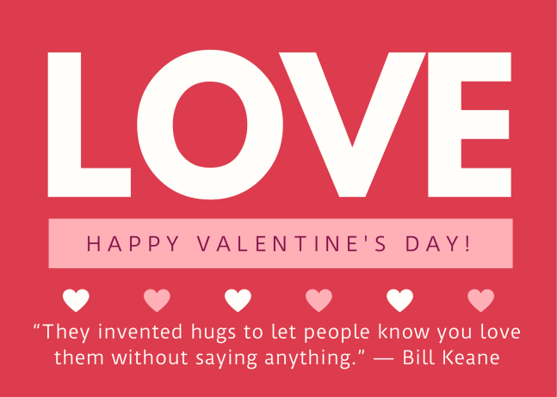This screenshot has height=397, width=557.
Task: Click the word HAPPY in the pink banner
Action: [x=133, y=244]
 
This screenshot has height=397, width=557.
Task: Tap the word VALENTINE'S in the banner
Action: [x=291, y=244]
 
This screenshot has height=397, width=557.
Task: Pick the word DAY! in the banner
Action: [x=438, y=244]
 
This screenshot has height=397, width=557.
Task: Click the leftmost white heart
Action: [x=76, y=300]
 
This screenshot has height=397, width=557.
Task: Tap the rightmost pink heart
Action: [x=480, y=300]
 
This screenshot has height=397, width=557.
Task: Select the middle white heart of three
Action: [x=238, y=300]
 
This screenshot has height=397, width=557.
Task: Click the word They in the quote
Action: [x=65, y=333]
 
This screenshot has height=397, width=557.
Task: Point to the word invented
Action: [x=140, y=332]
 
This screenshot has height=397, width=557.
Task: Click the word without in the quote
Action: [x=150, y=357]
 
